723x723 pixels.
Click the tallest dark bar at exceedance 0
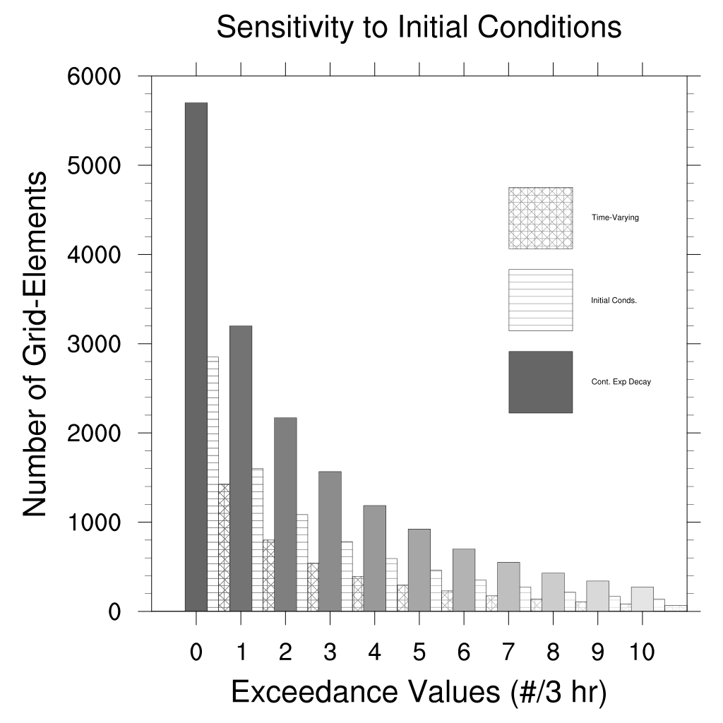196,357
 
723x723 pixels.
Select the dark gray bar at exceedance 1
241,468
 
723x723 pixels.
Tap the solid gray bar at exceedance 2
285,514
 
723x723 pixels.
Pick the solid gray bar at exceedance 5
419,570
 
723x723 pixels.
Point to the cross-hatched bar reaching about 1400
224,547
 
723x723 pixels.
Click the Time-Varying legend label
615,217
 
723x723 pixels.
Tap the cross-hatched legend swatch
540,217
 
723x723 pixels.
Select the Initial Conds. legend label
614,300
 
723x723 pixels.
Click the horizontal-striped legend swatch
540,299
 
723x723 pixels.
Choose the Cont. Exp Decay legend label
621,382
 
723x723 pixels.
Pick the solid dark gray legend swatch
540,382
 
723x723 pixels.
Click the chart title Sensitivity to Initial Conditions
419,28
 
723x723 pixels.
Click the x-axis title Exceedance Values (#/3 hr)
419,693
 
